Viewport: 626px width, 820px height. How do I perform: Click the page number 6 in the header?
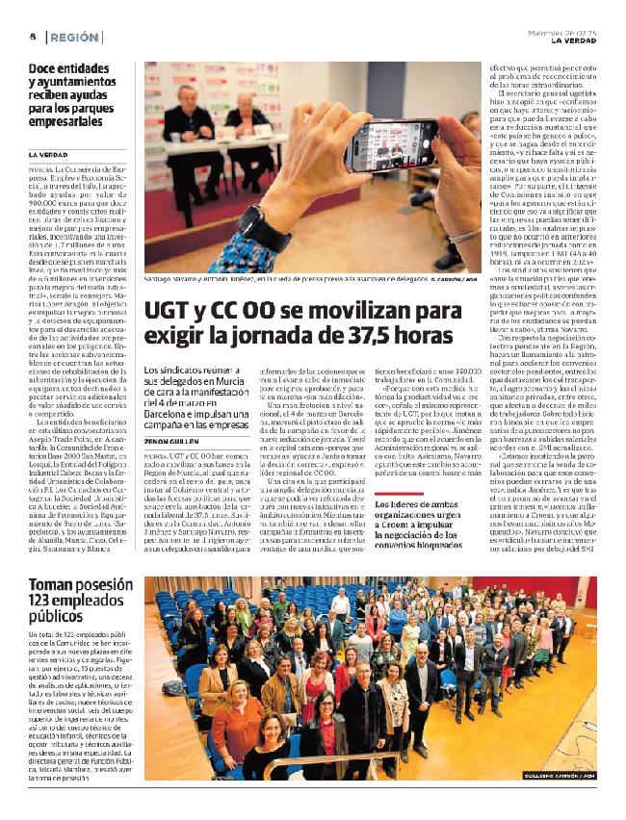coord(32,37)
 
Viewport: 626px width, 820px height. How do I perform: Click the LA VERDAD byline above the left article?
coord(47,155)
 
